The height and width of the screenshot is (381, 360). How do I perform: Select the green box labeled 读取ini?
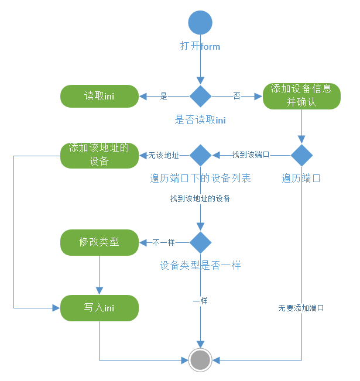99,96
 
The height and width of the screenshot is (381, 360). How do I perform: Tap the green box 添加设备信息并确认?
301,95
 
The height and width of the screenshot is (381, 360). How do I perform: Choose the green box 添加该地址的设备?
99,155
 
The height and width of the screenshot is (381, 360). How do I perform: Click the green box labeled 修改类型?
99,242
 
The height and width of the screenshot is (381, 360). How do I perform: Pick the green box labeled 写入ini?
99,308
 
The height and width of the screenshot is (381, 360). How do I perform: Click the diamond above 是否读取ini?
200,96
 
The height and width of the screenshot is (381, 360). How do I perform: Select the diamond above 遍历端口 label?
301,155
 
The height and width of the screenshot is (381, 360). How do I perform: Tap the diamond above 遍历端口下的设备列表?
200,155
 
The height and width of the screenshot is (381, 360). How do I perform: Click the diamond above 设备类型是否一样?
200,242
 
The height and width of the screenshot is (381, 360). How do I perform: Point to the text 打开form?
200,46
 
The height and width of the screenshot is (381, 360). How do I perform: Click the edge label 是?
164,96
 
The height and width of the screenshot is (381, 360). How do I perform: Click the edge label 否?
236,96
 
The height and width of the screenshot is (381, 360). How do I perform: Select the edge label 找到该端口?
251,155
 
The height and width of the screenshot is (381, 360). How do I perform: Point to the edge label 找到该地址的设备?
200,198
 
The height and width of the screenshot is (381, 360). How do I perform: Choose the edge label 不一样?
163,242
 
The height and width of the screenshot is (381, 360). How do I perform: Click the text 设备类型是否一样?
200,265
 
